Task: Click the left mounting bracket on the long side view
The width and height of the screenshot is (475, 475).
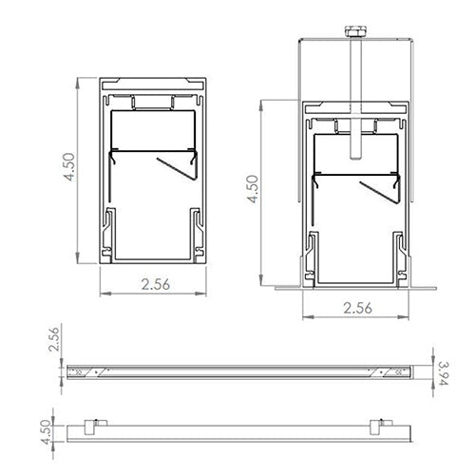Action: click(x=92, y=422)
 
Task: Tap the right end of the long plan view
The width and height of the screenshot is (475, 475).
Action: click(x=409, y=369)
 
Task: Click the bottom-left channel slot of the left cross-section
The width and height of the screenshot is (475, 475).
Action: click(x=112, y=233)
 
